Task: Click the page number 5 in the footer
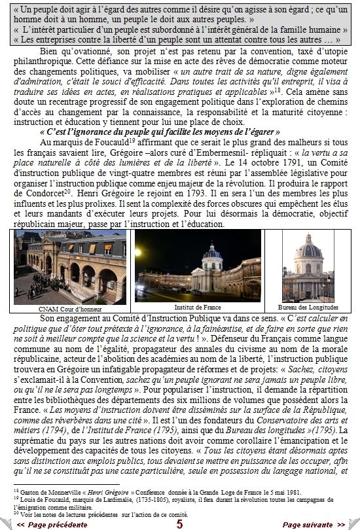(x=179, y=523)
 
